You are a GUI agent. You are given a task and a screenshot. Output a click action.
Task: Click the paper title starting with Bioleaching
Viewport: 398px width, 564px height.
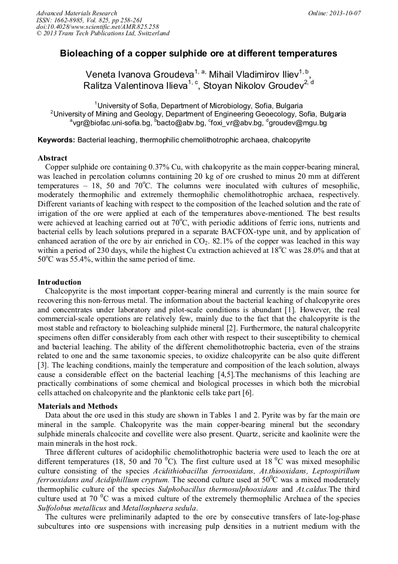tap(198, 54)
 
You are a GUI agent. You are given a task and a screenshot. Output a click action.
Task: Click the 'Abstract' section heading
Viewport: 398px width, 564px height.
tap(52, 158)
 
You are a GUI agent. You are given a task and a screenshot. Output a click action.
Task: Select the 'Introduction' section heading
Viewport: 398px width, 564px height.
tap(59, 282)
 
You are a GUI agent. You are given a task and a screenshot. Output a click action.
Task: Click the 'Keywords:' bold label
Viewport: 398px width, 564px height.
tap(56, 140)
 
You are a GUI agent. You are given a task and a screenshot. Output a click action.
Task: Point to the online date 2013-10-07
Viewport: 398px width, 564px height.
tap(342, 13)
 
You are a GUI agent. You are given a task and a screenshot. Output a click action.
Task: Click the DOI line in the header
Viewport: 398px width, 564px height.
tap(97, 26)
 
